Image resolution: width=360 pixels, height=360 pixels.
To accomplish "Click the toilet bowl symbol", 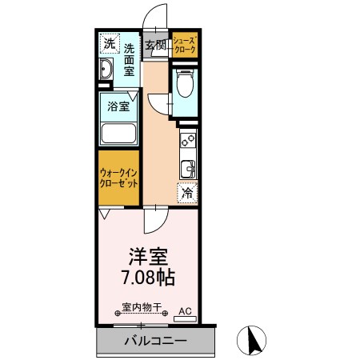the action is click(185, 83).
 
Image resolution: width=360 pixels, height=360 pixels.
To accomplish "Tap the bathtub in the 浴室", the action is click(118, 134).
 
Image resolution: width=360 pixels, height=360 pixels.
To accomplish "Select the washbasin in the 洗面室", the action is click(106, 69).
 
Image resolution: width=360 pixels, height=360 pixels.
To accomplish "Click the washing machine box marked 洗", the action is click(110, 43).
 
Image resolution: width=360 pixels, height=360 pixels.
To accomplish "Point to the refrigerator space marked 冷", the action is click(188, 193).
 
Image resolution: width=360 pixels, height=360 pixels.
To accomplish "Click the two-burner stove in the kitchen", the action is click(188, 141).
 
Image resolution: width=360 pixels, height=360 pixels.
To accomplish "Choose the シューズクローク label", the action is click(185, 45).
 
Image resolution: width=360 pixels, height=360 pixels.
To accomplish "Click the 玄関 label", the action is click(155, 46).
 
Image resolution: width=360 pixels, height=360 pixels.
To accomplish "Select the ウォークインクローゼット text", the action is click(118, 178).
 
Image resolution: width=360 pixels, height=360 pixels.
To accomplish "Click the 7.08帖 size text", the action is click(148, 278).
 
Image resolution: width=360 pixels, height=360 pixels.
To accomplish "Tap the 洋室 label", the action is click(148, 257).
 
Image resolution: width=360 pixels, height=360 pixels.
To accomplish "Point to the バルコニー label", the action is click(156, 341).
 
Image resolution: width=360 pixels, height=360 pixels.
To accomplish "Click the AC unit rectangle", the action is click(185, 318).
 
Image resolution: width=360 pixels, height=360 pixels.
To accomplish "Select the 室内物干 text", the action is click(142, 307).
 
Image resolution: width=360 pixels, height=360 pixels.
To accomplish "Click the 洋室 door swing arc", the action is click(159, 226).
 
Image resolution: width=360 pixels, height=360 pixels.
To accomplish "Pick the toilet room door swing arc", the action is click(154, 106).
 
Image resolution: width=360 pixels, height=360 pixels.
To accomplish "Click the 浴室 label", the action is click(118, 106).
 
